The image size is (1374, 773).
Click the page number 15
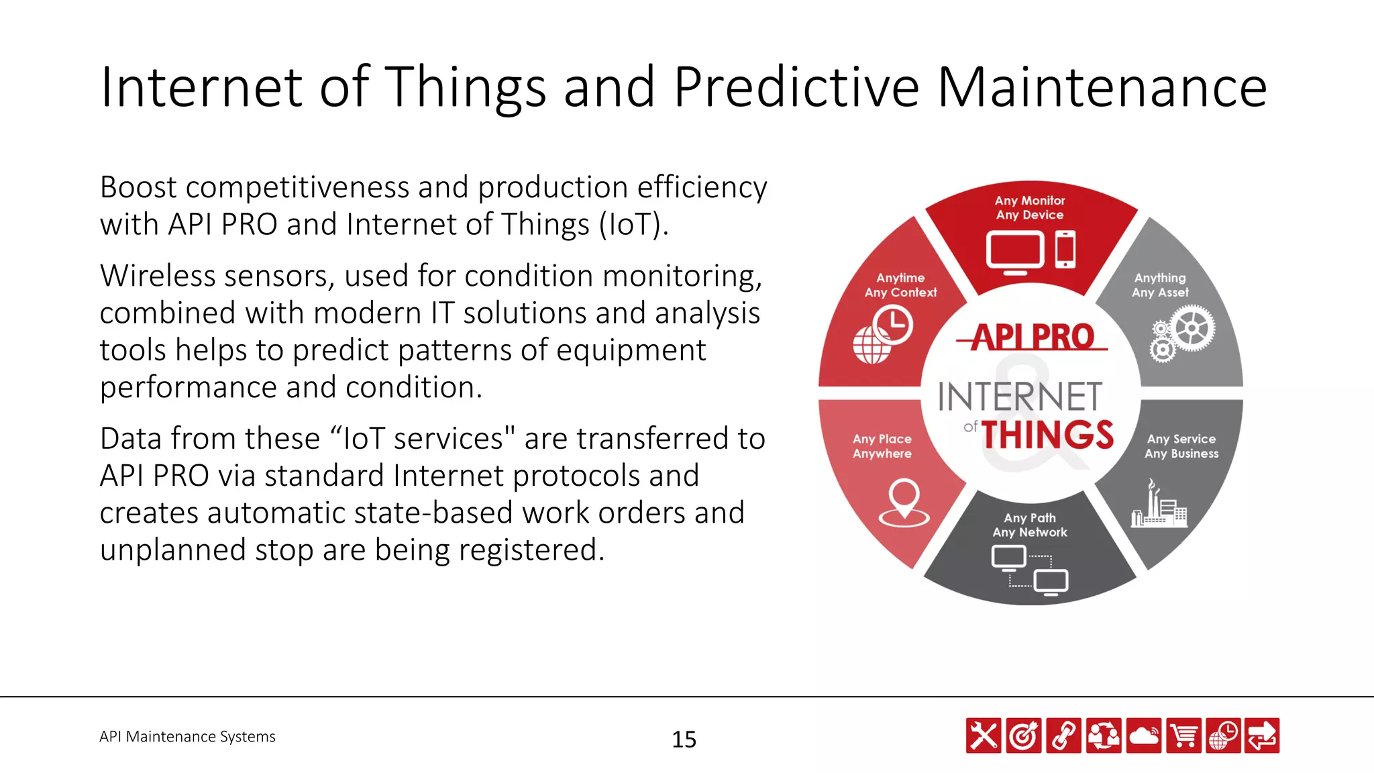(x=684, y=739)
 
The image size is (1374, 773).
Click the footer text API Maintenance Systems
(x=187, y=737)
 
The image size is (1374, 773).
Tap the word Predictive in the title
(x=796, y=87)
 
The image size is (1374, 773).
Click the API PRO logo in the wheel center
(x=1032, y=337)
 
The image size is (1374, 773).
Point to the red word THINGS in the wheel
(x=1047, y=435)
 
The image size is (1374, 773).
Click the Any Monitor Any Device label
(x=1030, y=208)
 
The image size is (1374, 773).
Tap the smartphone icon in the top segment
(x=1065, y=250)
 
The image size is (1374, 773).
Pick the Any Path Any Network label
(x=1030, y=525)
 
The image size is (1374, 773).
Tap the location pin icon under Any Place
(x=904, y=503)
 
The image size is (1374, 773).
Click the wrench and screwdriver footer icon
(x=984, y=735)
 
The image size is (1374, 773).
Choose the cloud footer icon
(x=1143, y=735)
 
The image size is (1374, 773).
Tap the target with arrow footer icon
(x=1024, y=735)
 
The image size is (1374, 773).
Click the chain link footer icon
(x=1063, y=735)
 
